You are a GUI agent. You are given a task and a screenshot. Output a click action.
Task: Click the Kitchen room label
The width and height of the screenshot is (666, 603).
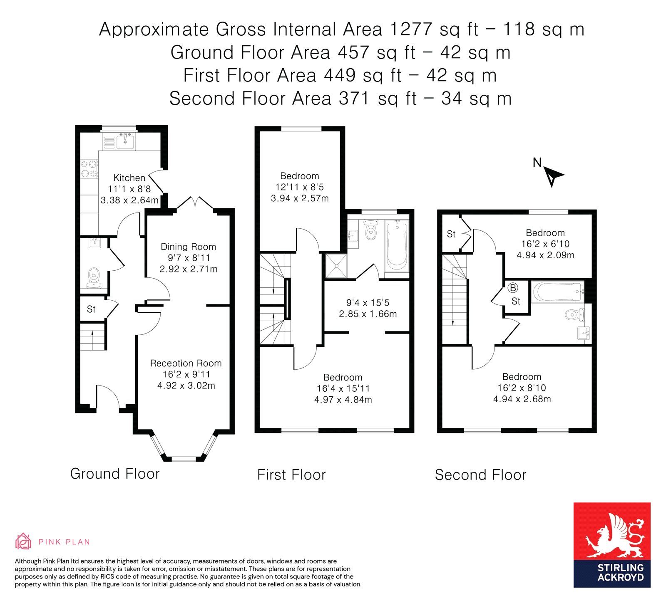coord(129,178)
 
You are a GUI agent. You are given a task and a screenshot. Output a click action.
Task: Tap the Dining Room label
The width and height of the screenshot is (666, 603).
coord(189,247)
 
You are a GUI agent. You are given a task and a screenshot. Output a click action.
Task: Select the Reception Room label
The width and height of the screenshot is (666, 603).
coord(186,363)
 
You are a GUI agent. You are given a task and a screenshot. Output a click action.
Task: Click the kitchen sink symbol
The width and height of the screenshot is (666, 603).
coord(125,141)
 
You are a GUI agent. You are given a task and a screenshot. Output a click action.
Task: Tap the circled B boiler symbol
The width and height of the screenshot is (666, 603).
coord(513,288)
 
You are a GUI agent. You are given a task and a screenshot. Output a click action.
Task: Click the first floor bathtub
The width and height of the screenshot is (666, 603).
coord(397,245)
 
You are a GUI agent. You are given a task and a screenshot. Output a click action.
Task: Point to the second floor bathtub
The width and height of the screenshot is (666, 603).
coord(558,292)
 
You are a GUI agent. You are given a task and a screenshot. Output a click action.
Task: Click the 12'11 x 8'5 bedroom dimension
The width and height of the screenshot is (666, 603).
coord(300,187)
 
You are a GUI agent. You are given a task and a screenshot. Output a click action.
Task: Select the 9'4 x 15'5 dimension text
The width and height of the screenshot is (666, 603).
coord(368,303)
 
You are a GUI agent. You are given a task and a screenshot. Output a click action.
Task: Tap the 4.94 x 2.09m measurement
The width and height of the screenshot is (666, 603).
coord(546,255)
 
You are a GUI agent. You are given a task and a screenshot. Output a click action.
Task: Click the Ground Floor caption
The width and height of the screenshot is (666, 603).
coord(115,474)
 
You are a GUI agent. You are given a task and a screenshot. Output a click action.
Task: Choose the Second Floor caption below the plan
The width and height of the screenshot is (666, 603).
coord(481,475)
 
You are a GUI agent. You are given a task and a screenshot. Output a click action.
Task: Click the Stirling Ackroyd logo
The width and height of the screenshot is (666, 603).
coord(612,545)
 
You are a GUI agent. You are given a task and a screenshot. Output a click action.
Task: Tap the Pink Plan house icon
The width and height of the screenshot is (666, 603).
coord(23,541)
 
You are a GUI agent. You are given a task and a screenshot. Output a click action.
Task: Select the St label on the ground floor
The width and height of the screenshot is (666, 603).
coord(91,309)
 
